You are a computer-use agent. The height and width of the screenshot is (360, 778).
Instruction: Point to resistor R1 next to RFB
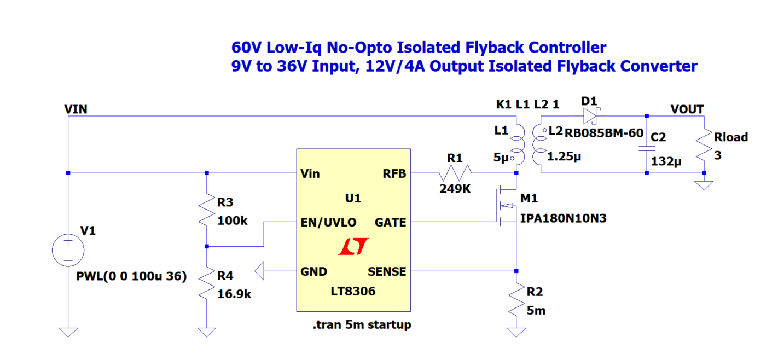454,173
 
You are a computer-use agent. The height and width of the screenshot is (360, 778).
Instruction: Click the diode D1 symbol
590,115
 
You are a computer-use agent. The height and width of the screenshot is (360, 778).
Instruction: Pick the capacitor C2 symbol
646,148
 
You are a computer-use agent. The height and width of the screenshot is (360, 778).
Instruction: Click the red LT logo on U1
353,247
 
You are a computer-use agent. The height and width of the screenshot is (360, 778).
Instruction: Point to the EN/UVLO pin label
328,223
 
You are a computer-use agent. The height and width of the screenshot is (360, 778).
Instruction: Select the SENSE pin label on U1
387,271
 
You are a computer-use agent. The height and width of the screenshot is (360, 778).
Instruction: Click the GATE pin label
390,223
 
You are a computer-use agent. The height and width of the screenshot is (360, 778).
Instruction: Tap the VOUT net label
687,109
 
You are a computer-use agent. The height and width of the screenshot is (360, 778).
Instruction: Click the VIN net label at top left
76,109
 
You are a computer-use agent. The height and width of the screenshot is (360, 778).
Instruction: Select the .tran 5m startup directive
362,325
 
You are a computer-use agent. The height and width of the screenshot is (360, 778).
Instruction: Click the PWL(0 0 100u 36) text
131,277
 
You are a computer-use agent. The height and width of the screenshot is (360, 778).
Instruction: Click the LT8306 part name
353,291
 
